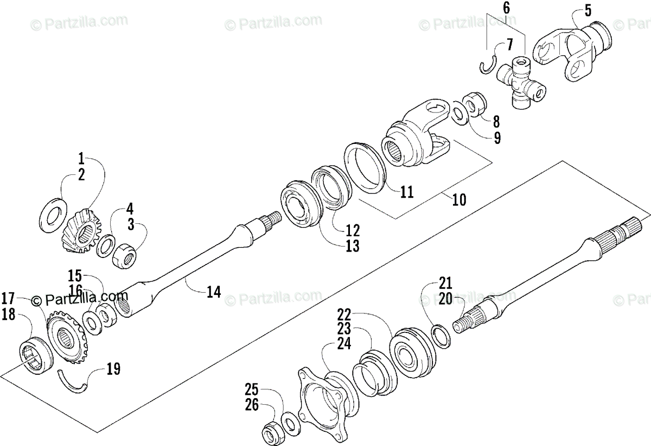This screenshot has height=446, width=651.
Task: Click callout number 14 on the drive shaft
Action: click(213, 292)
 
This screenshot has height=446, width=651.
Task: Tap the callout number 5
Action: click(573, 10)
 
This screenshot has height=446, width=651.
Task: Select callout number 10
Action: click(458, 199)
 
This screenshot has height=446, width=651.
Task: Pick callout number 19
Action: click(113, 369)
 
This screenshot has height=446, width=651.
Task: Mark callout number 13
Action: click(353, 246)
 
